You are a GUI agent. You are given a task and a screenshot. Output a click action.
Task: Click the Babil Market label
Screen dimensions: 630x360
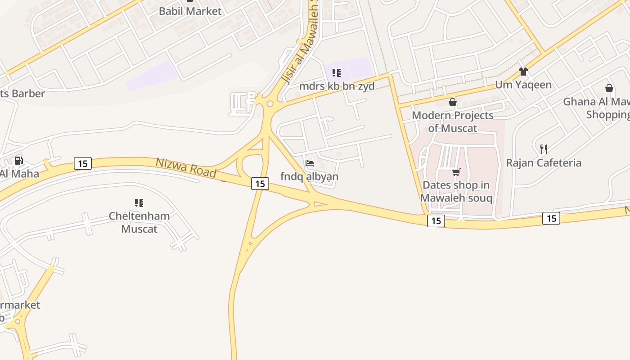[190, 11]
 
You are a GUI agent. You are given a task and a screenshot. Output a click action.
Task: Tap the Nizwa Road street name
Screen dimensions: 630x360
[186, 167]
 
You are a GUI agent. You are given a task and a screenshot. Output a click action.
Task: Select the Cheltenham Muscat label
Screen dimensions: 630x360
[139, 222]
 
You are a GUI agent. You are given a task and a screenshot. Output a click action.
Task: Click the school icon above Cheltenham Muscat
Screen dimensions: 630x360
[139, 203]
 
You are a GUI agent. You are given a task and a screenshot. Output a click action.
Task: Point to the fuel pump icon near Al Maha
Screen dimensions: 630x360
[18, 160]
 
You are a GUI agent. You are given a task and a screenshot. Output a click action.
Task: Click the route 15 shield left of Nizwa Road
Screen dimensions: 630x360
[83, 163]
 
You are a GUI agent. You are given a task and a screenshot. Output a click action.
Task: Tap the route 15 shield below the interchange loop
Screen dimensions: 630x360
[260, 183]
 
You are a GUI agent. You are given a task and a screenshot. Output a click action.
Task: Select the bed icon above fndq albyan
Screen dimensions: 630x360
[310, 163]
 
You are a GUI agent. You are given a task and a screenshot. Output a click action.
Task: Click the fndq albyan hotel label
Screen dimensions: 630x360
[309, 176]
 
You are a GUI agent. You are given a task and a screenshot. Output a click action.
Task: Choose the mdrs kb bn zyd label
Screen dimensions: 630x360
[337, 86]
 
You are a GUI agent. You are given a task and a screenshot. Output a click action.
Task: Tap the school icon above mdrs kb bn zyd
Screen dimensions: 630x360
[337, 72]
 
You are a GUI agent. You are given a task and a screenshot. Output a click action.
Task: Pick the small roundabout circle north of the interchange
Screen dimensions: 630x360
[270, 104]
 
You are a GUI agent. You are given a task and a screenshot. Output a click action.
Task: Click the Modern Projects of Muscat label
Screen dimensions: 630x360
[453, 121]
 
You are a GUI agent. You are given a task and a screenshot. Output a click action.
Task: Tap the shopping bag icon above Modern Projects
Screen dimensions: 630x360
[453, 102]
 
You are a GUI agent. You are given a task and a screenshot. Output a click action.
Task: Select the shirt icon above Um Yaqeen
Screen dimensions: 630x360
[523, 71]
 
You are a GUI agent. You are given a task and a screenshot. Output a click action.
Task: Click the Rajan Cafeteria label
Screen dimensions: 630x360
[544, 162]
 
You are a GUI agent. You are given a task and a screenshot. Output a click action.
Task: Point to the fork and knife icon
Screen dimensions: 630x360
[544, 149]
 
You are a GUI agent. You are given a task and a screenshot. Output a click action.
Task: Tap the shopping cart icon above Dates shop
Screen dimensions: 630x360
[456, 171]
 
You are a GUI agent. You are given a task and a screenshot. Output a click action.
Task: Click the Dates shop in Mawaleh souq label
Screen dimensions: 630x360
[456, 191]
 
